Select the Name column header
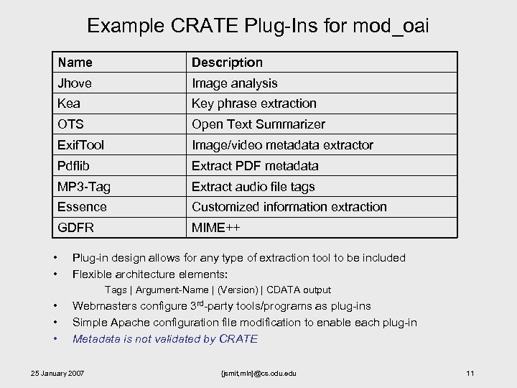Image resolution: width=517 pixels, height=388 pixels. (x=75, y=63)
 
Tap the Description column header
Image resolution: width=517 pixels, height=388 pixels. (x=227, y=63)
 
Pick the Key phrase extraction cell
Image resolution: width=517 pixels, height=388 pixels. (x=253, y=103)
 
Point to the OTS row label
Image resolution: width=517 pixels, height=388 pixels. (x=71, y=124)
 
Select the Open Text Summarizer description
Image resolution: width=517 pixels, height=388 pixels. (x=258, y=124)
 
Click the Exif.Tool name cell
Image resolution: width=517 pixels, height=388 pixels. (x=81, y=145)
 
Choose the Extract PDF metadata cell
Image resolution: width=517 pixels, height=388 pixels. (x=254, y=166)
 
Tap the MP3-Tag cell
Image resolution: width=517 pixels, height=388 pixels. (x=84, y=187)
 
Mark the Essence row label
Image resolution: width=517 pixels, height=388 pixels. (x=83, y=207)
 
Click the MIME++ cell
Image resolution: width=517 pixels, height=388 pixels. (x=215, y=228)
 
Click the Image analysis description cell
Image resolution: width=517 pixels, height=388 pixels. (x=234, y=83)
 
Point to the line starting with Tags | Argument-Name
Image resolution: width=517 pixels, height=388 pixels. (x=218, y=290)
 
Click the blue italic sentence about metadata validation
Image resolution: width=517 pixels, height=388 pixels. (x=165, y=339)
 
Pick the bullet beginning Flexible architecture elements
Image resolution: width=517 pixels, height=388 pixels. (x=150, y=274)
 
